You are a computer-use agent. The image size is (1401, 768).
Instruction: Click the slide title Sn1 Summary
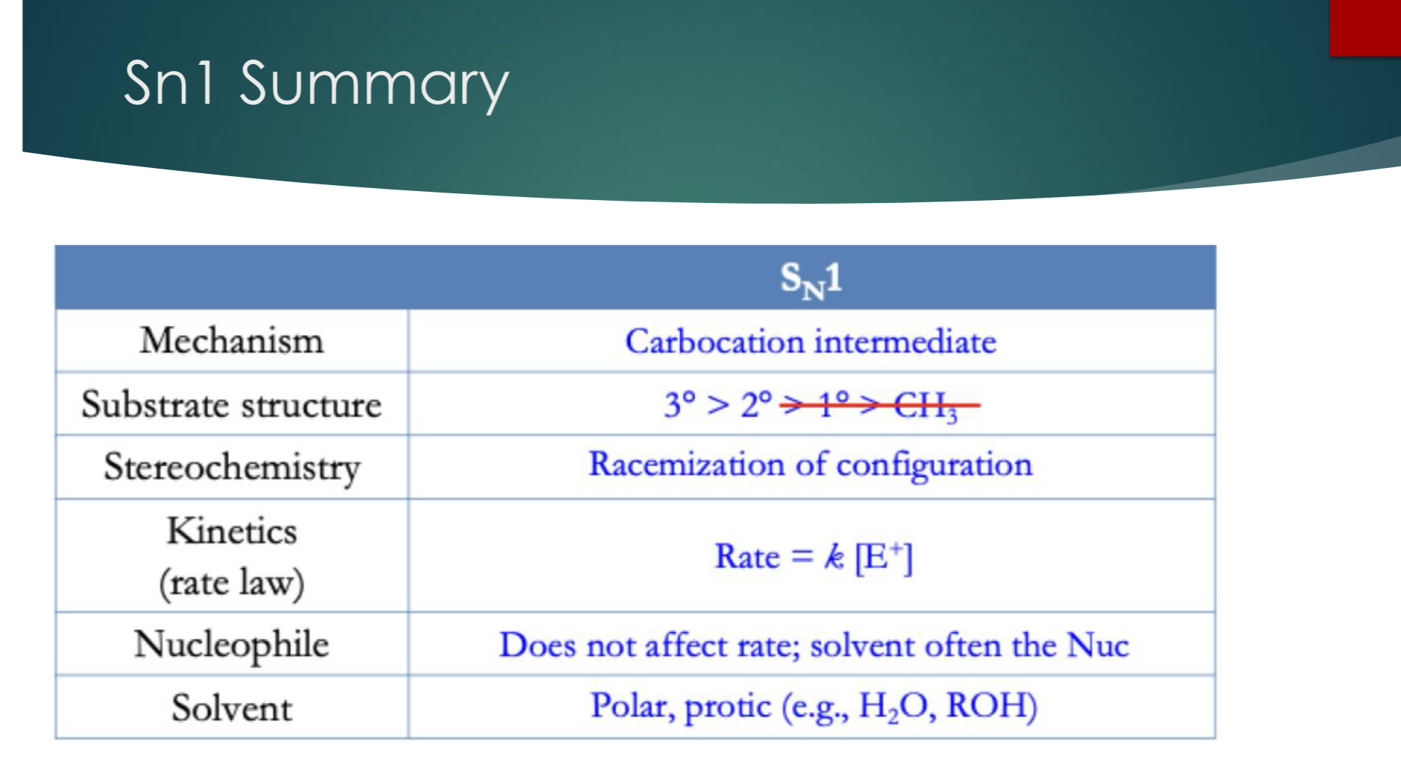click(x=315, y=83)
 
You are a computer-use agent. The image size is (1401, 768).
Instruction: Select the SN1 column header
click(x=811, y=279)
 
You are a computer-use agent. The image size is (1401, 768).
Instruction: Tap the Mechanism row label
click(x=231, y=341)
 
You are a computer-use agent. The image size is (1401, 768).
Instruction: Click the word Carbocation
click(x=714, y=342)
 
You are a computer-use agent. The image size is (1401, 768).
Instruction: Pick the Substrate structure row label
click(x=231, y=405)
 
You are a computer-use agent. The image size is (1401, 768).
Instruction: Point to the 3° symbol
click(x=680, y=405)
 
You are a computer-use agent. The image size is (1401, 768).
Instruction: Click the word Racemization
click(x=686, y=464)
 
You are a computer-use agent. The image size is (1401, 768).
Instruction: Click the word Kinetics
click(x=231, y=531)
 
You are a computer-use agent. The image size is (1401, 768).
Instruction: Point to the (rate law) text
click(x=231, y=582)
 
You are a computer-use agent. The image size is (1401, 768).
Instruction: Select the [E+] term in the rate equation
click(x=883, y=557)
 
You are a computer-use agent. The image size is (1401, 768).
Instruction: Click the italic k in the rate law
click(x=834, y=557)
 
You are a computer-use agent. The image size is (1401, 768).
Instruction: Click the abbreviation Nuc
click(x=1097, y=645)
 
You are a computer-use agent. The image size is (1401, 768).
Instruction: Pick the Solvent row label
click(x=231, y=708)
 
